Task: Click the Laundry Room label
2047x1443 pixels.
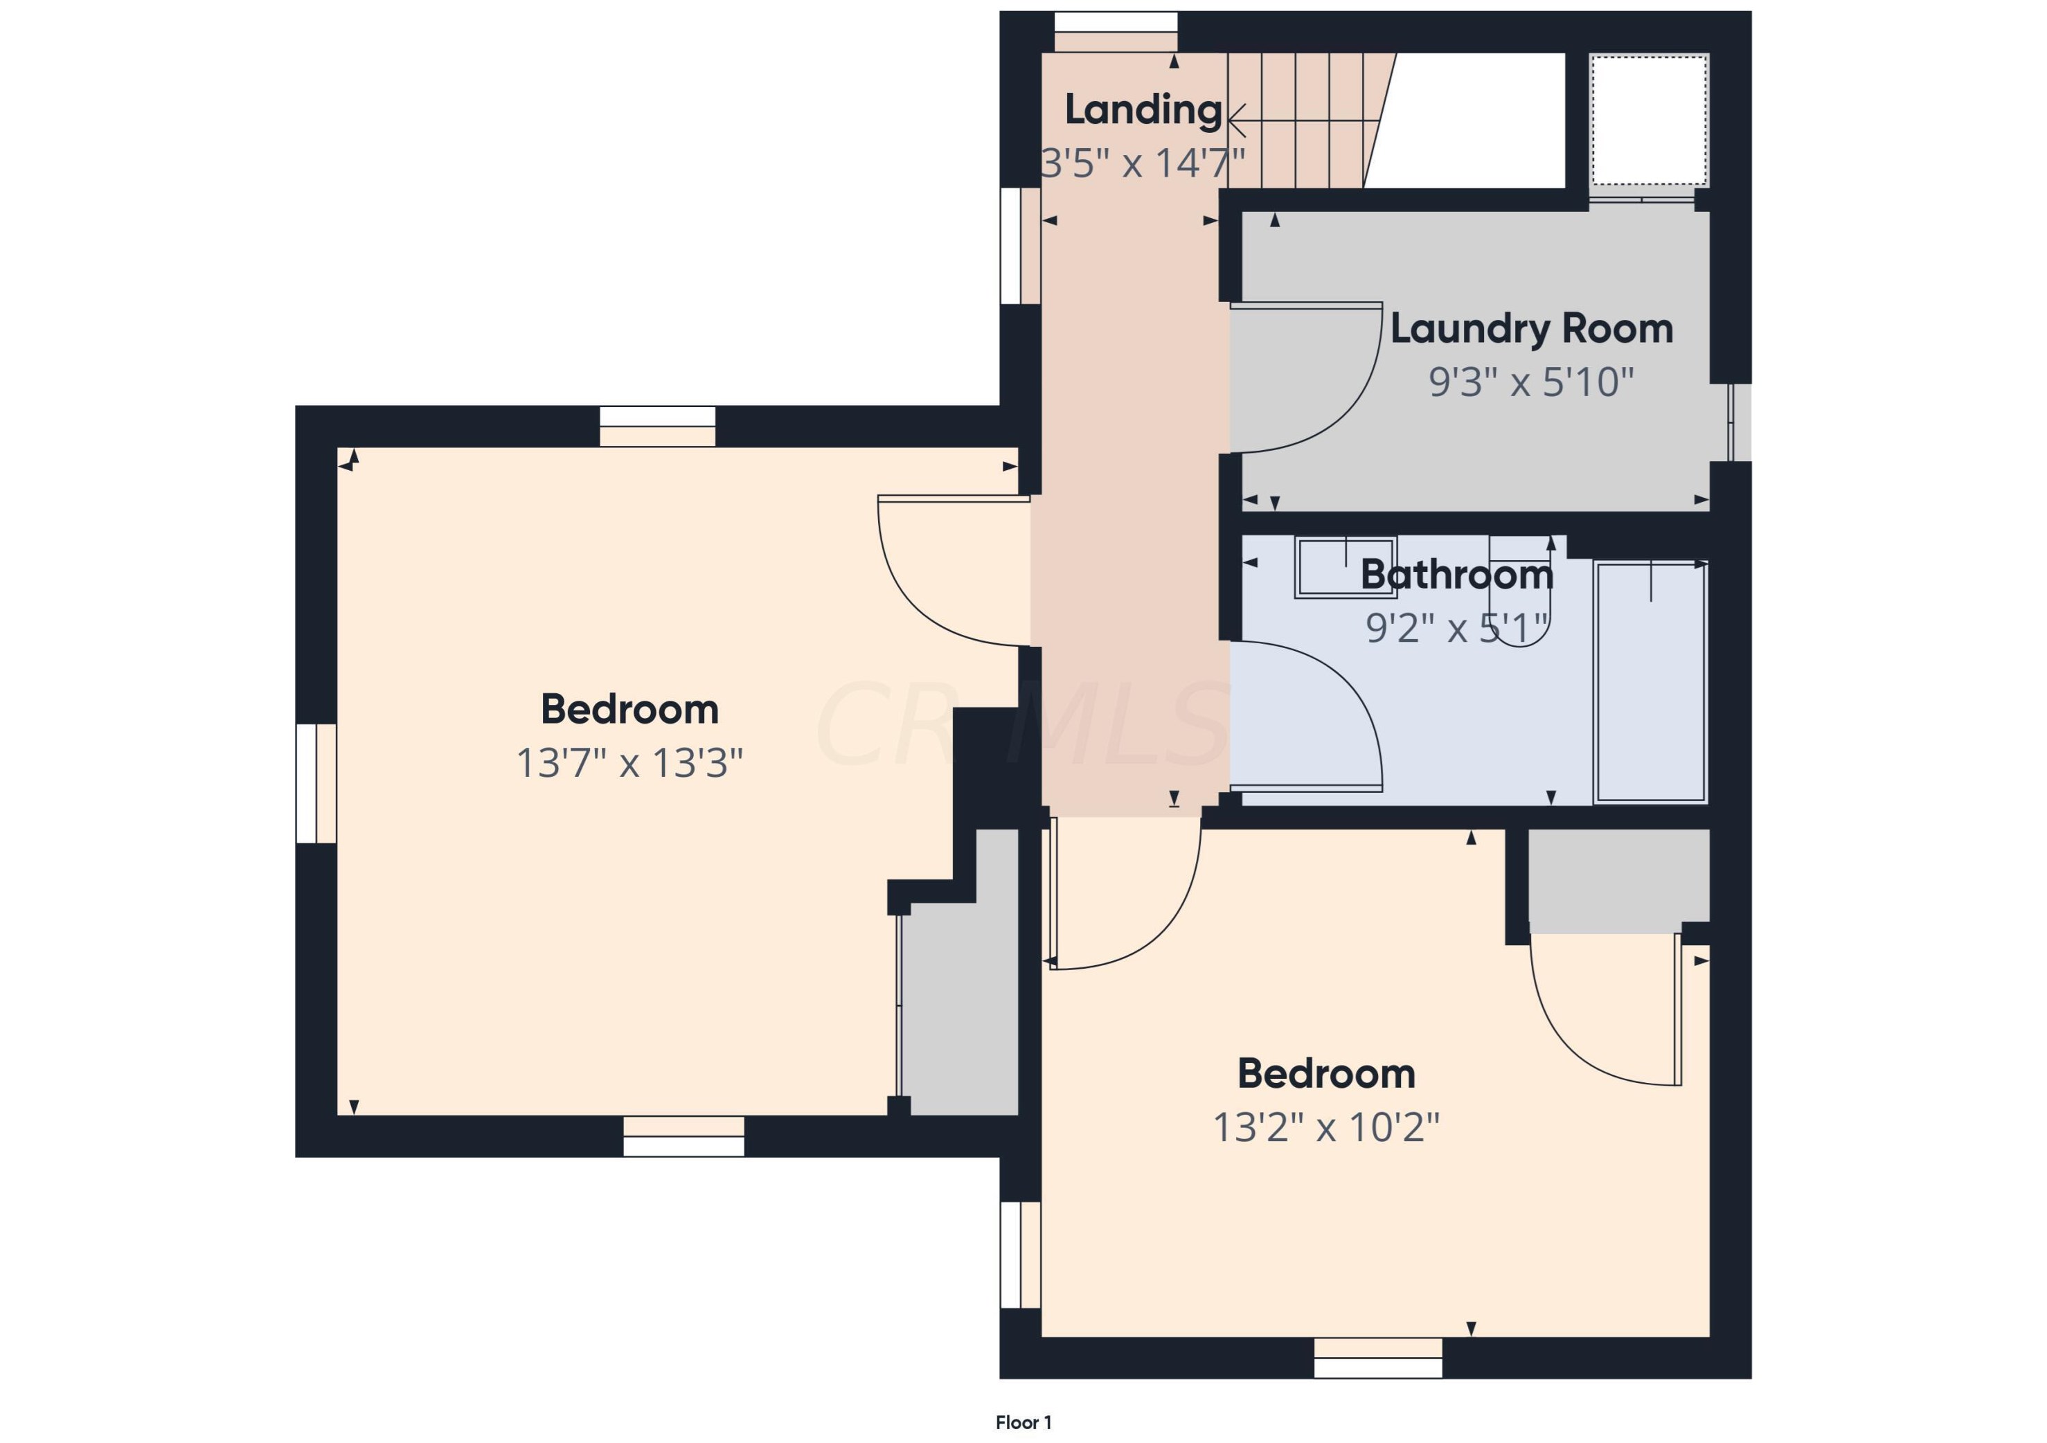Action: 1531,329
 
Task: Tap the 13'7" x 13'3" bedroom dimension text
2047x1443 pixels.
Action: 629,763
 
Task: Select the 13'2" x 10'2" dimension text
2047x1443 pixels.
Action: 1325,1127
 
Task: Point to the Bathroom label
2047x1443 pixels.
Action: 1457,575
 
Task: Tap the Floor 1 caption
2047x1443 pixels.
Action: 1023,1422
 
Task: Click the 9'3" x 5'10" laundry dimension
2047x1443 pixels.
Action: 1531,382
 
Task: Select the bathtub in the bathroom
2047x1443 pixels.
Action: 1650,682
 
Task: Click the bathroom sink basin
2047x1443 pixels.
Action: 1346,567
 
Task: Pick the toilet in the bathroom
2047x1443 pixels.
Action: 1521,591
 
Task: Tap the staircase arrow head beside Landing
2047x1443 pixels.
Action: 1235,118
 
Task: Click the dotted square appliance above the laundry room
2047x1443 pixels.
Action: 1649,120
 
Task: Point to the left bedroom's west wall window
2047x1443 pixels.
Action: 316,783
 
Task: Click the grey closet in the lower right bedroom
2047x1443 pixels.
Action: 1619,881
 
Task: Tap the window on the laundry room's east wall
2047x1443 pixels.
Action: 1740,422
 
